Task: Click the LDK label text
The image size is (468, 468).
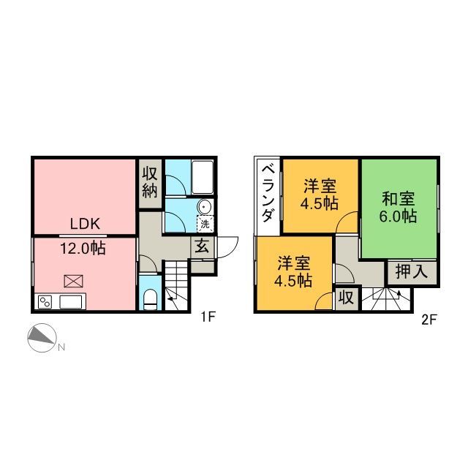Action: click(85, 224)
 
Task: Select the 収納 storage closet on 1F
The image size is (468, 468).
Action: click(150, 183)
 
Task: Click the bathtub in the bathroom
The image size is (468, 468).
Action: click(201, 175)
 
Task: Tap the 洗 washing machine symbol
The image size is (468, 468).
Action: click(205, 223)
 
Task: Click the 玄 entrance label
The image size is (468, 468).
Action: click(203, 247)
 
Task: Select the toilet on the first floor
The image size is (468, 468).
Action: click(150, 298)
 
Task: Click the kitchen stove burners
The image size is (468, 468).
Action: click(45, 301)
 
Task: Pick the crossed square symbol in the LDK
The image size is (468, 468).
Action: click(73, 279)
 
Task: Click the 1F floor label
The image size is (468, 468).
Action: click(209, 317)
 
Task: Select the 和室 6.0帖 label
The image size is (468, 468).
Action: click(399, 207)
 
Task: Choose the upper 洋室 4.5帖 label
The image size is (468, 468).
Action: click(320, 195)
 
